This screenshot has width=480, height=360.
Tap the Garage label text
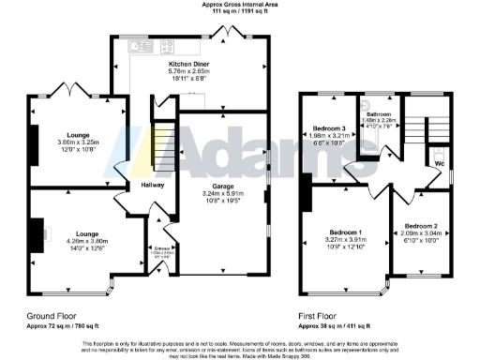point(222,183)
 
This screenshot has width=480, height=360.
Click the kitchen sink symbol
point(139,45)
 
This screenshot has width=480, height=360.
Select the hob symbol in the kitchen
point(172,45)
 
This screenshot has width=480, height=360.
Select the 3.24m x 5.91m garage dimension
point(222,193)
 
